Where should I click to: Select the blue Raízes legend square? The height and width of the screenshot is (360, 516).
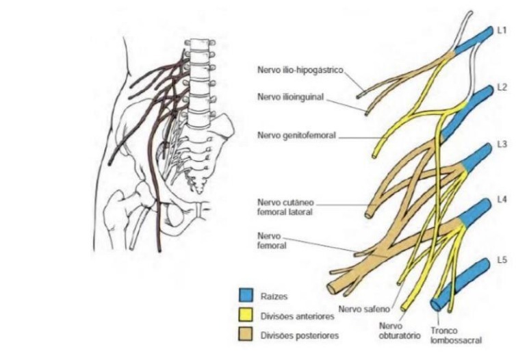pyautogui.click(x=244, y=297)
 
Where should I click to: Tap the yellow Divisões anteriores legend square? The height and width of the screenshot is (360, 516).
pyautogui.click(x=244, y=316)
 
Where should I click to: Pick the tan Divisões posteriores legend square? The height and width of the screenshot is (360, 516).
pyautogui.click(x=244, y=335)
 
